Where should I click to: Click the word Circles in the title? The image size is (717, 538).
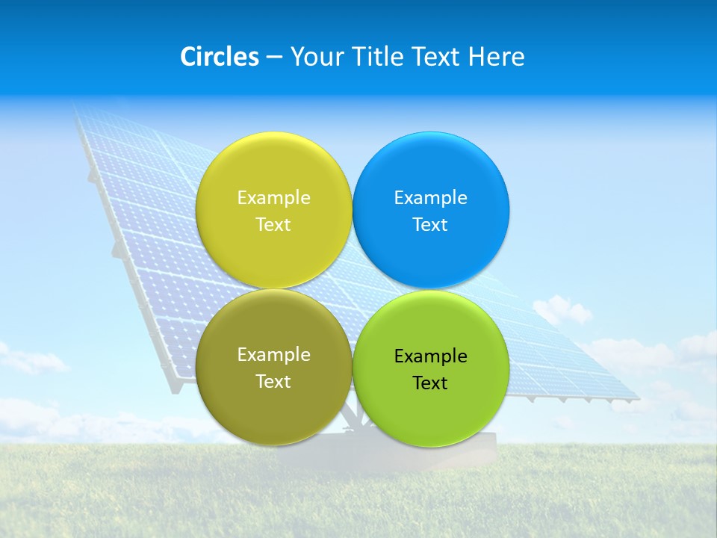point(219,57)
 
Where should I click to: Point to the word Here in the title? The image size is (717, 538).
point(496,57)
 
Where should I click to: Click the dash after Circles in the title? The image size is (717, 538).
point(273,58)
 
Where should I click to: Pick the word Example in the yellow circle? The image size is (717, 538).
point(273,198)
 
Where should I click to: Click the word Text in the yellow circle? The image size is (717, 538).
point(273,225)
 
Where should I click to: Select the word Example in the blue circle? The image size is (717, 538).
point(430,198)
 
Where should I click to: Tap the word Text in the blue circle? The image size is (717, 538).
point(430,225)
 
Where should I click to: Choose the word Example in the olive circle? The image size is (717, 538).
point(273,355)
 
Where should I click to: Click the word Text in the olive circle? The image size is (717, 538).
point(273,382)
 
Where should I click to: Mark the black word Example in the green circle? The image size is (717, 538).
point(430,356)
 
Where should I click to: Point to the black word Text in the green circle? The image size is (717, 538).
point(430,383)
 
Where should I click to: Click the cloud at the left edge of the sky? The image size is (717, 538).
point(30,361)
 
